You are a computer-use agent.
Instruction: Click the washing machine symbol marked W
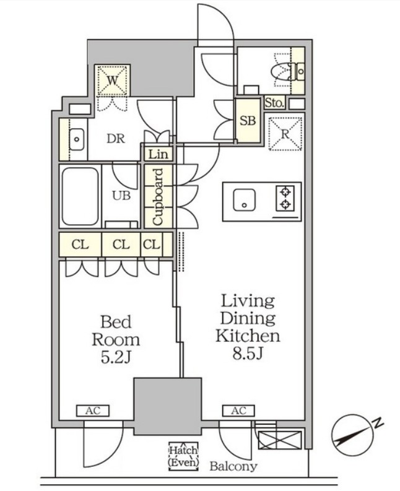click(x=113, y=80)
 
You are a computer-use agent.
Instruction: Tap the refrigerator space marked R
click(x=285, y=134)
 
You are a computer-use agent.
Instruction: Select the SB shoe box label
click(x=248, y=121)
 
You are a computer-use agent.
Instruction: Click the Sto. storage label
click(x=275, y=103)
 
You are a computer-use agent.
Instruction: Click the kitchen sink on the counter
click(x=244, y=200)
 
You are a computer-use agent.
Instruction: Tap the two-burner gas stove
click(x=285, y=198)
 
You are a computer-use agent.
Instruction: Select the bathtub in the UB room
click(x=80, y=196)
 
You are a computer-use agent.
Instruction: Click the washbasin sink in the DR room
click(x=76, y=139)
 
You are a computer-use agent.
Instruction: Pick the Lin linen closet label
click(x=158, y=154)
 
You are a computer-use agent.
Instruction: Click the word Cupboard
click(x=158, y=197)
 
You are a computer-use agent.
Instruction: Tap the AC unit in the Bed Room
click(x=93, y=411)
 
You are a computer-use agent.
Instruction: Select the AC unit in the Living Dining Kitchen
click(x=238, y=411)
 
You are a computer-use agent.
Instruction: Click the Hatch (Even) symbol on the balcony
click(x=183, y=456)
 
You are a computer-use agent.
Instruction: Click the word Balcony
click(x=233, y=466)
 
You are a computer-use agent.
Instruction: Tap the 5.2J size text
click(x=116, y=358)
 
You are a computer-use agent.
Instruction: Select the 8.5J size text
click(x=247, y=354)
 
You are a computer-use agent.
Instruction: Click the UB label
click(x=121, y=196)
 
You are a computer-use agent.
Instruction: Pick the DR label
click(x=116, y=139)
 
